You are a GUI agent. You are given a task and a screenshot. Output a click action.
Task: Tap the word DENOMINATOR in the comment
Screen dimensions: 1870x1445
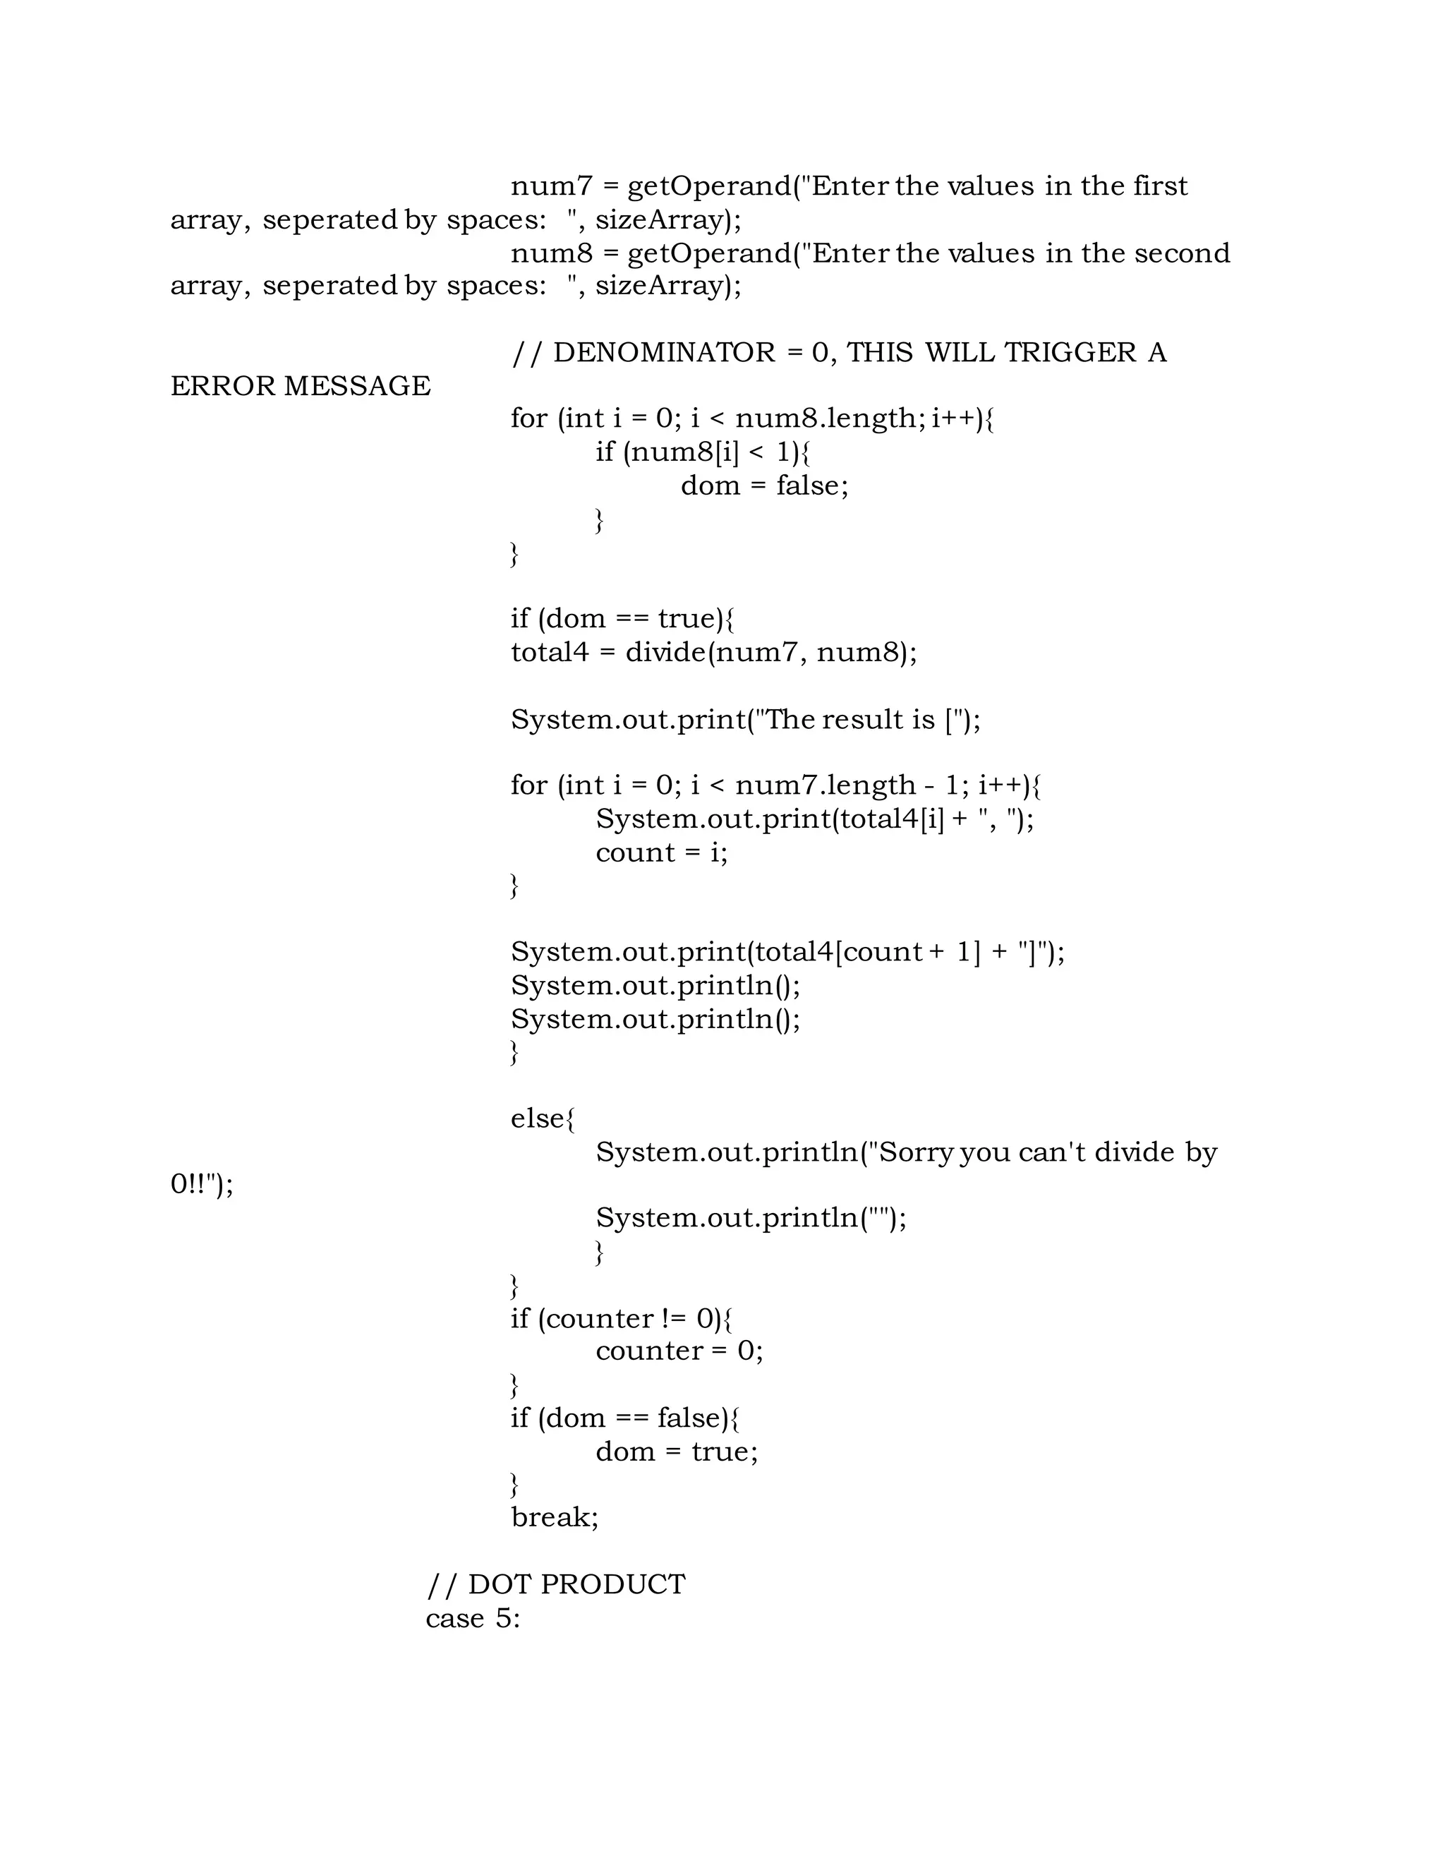click(664, 353)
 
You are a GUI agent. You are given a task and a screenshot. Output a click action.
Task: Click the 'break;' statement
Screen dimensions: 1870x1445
click(555, 1517)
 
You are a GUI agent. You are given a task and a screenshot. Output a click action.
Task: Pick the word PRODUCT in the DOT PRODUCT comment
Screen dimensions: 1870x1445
click(613, 1584)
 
